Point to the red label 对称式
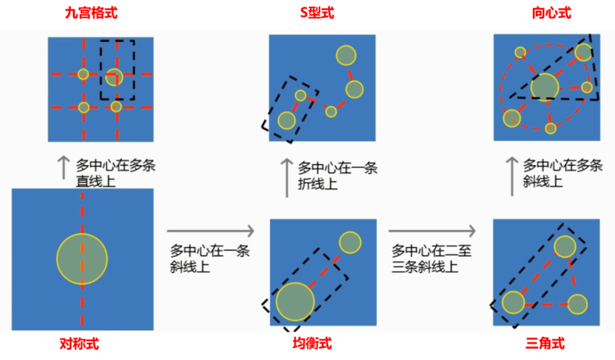click(x=78, y=344)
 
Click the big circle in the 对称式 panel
click(x=82, y=259)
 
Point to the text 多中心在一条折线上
click(x=337, y=176)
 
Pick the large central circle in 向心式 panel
click(x=545, y=87)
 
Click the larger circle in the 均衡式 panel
click(x=296, y=301)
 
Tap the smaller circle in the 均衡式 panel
click(x=350, y=243)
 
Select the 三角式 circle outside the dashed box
click(x=577, y=304)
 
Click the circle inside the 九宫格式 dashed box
click(x=113, y=76)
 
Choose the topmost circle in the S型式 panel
click(x=346, y=55)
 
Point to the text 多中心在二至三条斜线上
click(x=429, y=258)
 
